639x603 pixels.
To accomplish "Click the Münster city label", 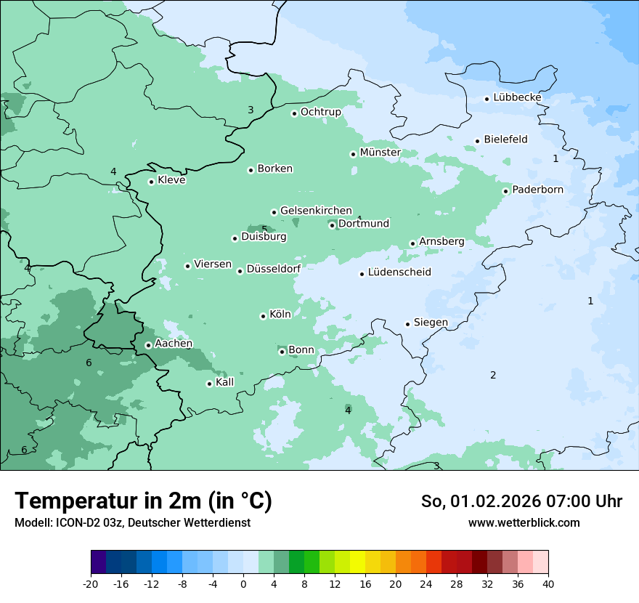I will point(380,153).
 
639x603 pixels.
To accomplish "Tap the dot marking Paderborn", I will point(506,191).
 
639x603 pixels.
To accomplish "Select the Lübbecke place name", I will point(517,97).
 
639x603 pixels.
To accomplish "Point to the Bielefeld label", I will point(505,139).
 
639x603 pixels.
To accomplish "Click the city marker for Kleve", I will point(151,182).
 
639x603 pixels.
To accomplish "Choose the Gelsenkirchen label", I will point(316,211).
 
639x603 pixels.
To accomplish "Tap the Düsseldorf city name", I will point(274,269).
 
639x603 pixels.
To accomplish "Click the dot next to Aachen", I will point(148,345).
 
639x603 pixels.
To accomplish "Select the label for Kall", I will point(225,382).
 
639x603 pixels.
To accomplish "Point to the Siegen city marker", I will point(408,324).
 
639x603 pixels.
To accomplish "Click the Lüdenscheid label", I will point(399,272).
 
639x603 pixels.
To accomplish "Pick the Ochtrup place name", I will point(320,112).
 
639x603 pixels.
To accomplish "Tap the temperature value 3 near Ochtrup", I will point(251,110).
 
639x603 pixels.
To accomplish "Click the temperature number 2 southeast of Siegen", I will point(493,376).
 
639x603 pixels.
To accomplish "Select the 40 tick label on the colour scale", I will point(548,584).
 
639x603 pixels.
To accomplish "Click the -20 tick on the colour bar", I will point(91,584).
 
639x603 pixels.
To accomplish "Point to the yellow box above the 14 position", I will point(357,562).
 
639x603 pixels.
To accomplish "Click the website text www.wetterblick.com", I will point(524,523).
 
